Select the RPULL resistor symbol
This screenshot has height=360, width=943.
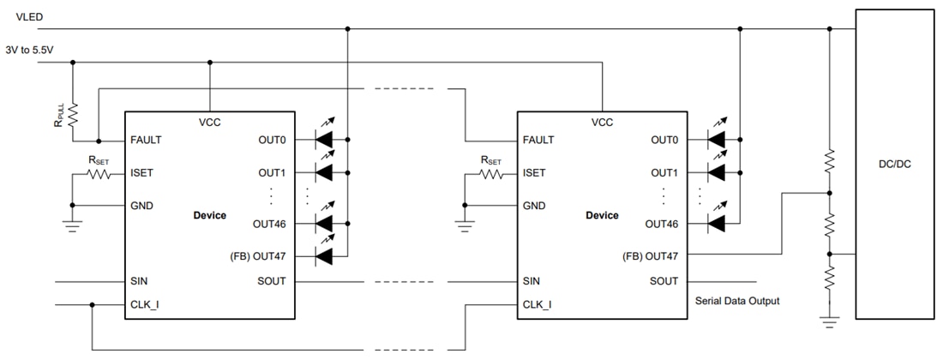coord(73,114)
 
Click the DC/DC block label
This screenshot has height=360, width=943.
coord(897,164)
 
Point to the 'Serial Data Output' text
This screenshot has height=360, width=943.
coord(736,301)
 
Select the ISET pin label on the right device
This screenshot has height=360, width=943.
coord(534,172)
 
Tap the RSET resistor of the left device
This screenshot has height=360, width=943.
coord(99,173)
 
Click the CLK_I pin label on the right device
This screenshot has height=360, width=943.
coord(537,304)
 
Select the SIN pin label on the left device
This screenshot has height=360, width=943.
coord(140,281)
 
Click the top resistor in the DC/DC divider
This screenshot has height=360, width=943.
coord(829,159)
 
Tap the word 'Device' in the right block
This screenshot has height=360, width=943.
coord(602,215)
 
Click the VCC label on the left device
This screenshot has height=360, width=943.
coord(209,123)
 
